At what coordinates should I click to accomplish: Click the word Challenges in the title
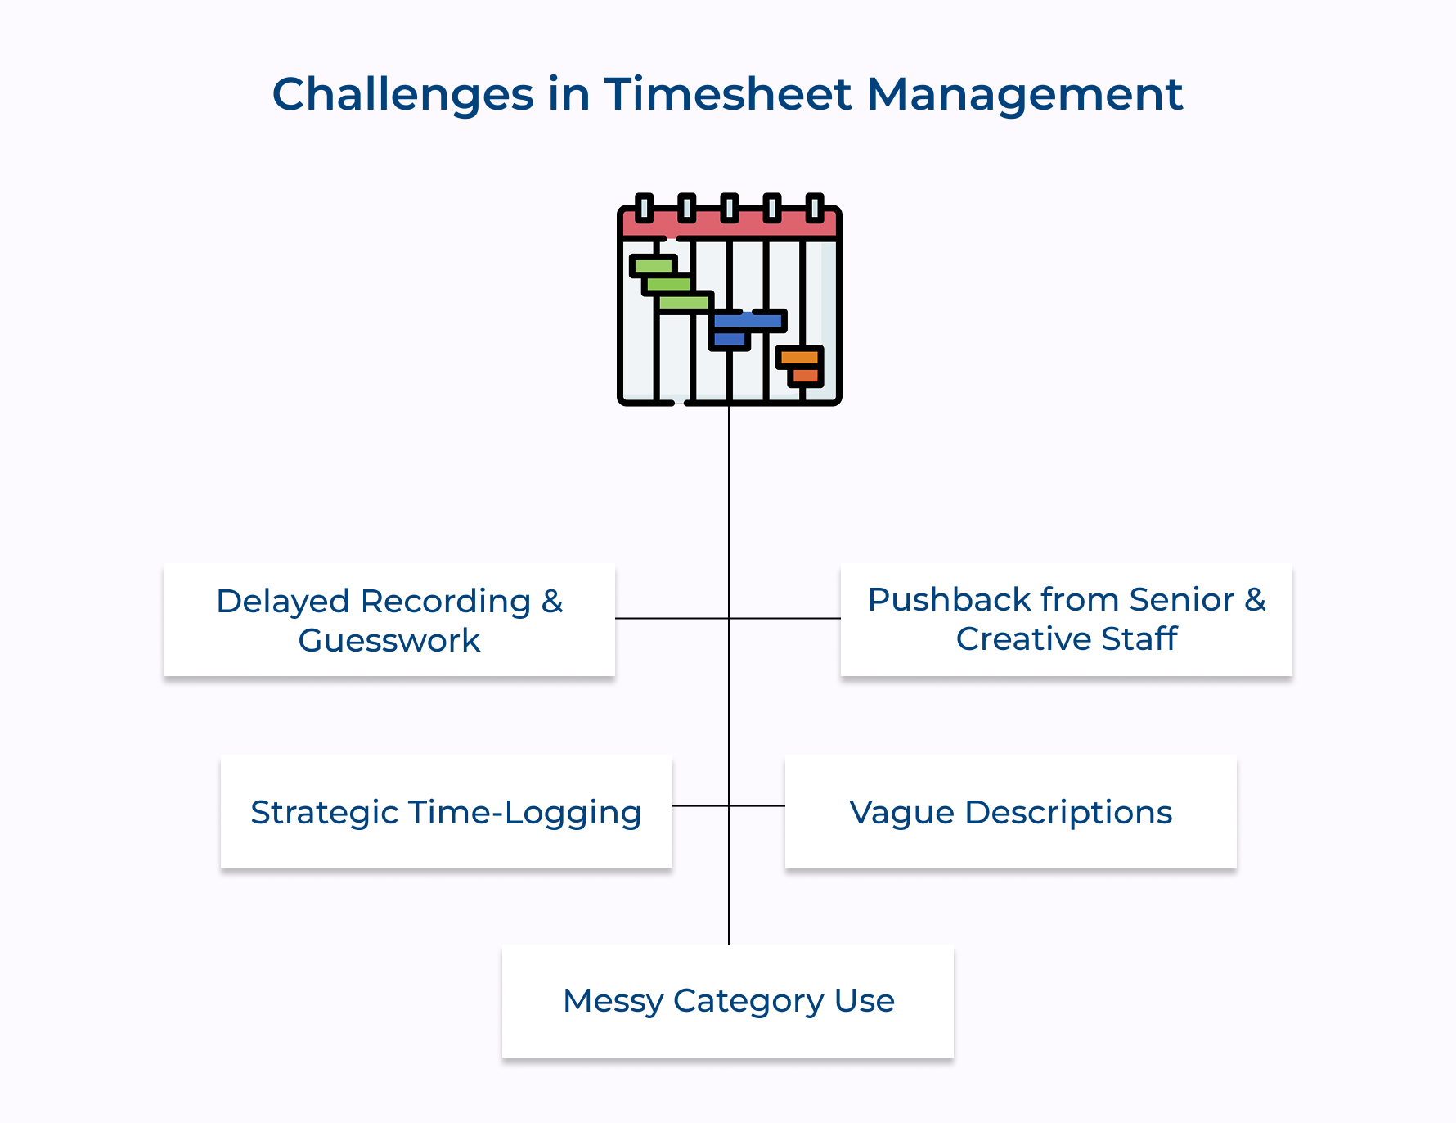tap(402, 94)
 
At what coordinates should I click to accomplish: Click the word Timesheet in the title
tap(728, 94)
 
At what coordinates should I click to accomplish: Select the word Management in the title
tap(1024, 94)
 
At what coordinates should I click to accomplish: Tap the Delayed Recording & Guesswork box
tap(389, 620)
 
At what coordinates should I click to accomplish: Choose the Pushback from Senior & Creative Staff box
tap(1066, 620)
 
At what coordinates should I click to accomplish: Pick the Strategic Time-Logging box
tap(446, 811)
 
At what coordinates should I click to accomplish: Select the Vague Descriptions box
tap(1010, 811)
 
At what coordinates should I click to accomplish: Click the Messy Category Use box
tap(727, 1000)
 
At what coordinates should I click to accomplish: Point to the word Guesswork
tap(389, 640)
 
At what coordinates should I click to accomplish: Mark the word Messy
tap(613, 1000)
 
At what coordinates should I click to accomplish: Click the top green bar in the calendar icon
tap(653, 265)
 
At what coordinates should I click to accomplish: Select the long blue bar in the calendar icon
tap(748, 321)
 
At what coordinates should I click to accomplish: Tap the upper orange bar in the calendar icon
tap(799, 357)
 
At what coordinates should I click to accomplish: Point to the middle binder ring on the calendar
tap(729, 208)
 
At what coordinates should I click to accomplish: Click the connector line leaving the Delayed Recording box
tap(671, 618)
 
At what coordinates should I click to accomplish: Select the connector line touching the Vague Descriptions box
tap(757, 806)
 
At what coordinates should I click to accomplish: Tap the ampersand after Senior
tap(1255, 599)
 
